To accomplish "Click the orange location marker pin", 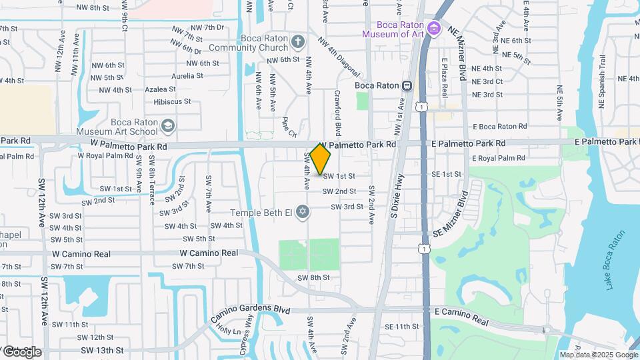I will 321,159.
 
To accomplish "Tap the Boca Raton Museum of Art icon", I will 435,28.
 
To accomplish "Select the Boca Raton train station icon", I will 407,85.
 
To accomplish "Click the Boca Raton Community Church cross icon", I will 297,42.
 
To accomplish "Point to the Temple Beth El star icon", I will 303,212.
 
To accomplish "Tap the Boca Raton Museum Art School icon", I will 169,126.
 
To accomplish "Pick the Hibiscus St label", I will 172,102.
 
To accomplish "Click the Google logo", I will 21,351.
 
